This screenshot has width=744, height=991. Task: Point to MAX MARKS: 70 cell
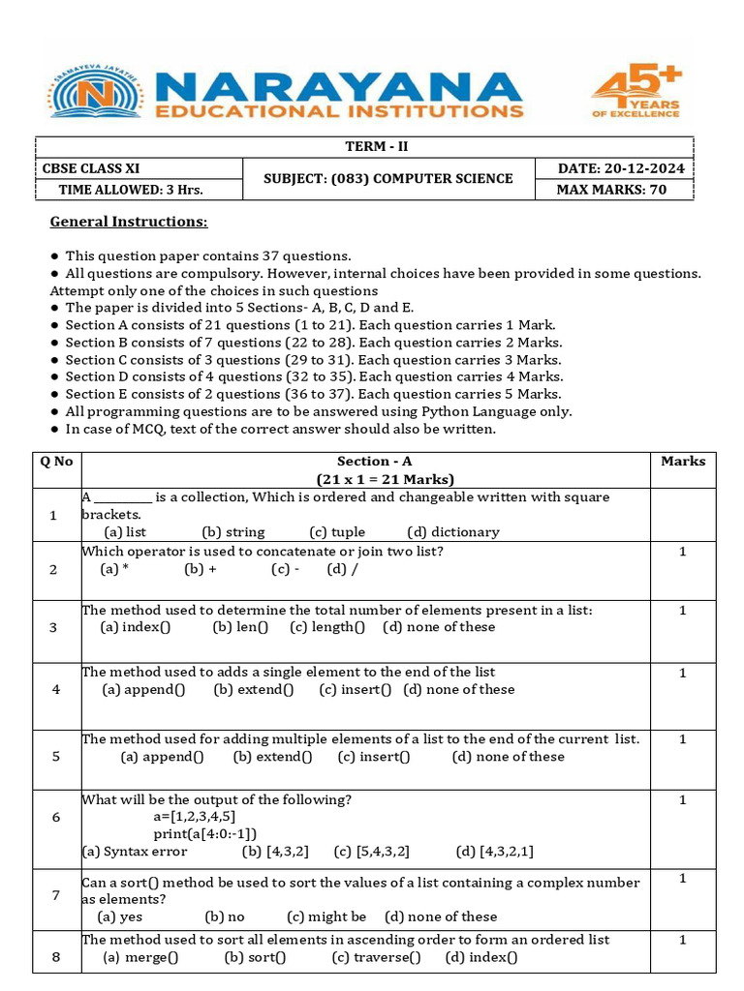pyautogui.click(x=611, y=190)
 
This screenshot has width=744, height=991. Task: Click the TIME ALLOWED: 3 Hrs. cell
pyautogui.click(x=131, y=190)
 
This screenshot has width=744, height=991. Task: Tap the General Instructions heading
pyautogui.click(x=129, y=222)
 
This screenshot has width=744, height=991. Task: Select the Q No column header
pyautogui.click(x=56, y=462)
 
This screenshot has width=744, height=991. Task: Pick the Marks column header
pyautogui.click(x=682, y=462)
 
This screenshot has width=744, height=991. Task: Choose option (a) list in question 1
pyautogui.click(x=125, y=532)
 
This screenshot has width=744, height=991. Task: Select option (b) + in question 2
pyautogui.click(x=201, y=569)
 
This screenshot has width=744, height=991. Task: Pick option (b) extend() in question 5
pyautogui.click(x=273, y=757)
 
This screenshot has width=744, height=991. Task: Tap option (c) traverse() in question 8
pyautogui.click(x=376, y=958)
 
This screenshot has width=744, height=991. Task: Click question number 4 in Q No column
pyautogui.click(x=56, y=690)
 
